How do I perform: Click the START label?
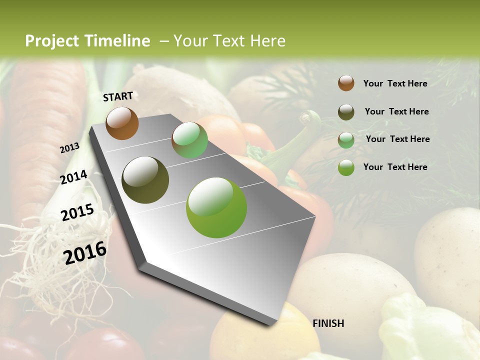118,96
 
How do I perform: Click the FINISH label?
328,323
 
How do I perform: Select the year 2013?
69,148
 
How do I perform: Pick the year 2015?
77,212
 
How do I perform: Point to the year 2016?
85,253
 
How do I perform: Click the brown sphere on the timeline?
122,123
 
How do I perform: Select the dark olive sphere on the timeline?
145,180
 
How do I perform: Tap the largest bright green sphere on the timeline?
216,207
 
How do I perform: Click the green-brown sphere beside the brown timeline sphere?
189,140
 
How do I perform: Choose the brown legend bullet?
346,83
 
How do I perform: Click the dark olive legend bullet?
346,112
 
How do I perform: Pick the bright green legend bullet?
346,167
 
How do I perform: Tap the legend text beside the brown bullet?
395,83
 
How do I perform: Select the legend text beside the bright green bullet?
395,167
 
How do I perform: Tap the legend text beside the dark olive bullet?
396,111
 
